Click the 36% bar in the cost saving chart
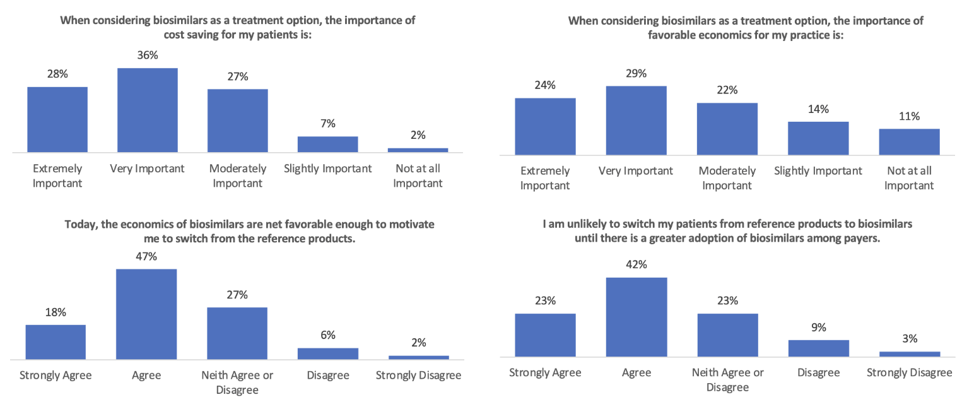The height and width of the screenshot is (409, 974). point(148,110)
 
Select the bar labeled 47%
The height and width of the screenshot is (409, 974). point(146,314)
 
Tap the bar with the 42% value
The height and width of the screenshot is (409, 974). point(636,317)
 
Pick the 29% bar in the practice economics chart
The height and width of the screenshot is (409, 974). point(636,120)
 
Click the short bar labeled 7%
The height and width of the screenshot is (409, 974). point(327,144)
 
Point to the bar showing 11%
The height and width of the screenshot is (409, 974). point(909,141)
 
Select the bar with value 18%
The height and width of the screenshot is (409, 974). point(56,341)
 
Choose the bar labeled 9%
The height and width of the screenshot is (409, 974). point(818,348)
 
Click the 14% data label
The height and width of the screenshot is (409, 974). point(818,109)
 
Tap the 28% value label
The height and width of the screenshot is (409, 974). point(57,74)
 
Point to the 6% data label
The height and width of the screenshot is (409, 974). point(327,335)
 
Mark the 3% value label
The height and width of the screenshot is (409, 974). point(909,339)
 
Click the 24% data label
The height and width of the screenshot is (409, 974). point(545,85)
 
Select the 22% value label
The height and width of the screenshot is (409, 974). point(727,90)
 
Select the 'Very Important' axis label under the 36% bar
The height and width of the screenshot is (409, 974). point(147,169)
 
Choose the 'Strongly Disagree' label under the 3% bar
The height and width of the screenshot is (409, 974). point(909,372)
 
